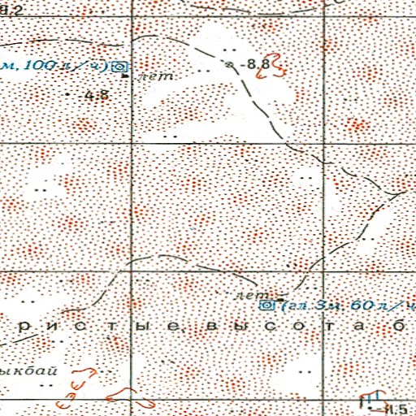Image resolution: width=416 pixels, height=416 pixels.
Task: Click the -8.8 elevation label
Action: tap(259, 63)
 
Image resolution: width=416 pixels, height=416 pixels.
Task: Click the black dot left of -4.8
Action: tap(67, 94)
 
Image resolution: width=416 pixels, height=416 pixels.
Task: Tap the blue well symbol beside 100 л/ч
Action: tap(120, 67)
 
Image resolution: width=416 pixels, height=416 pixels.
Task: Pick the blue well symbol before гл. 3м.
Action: tap(266, 305)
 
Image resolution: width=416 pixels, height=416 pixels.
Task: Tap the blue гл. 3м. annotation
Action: tap(314, 305)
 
